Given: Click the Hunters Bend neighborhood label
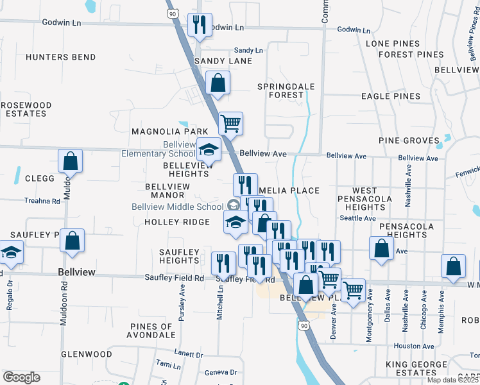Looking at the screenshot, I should pyautogui.click(x=61, y=57).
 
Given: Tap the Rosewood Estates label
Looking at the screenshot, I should pyautogui.click(x=26, y=109).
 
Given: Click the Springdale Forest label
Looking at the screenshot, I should pyautogui.click(x=280, y=90).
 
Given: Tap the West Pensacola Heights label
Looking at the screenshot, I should pyautogui.click(x=364, y=199).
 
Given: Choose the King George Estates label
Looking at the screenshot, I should pyautogui.click(x=411, y=368).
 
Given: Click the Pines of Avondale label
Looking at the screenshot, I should pyautogui.click(x=150, y=330).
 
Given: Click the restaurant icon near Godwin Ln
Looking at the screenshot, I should pyautogui.click(x=199, y=24).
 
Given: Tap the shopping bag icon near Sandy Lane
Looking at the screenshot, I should pyautogui.click(x=218, y=82).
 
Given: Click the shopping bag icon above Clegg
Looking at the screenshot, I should pyautogui.click(x=71, y=160).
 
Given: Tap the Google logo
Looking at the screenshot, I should pyautogui.click(x=21, y=377).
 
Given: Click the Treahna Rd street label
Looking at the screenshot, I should pyautogui.click(x=42, y=201).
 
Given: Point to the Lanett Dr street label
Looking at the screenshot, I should pyautogui.click(x=189, y=354).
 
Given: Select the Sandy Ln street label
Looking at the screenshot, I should pyautogui.click(x=248, y=50).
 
